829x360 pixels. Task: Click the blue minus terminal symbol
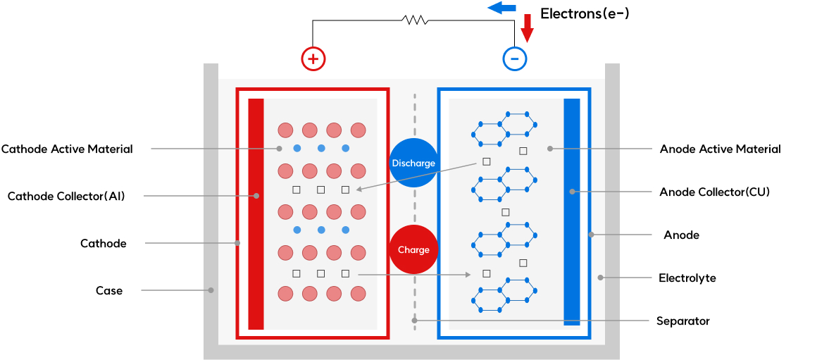point(514,58)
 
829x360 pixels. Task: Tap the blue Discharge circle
point(413,163)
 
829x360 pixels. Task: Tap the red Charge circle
point(413,249)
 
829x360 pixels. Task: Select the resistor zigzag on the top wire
point(415,20)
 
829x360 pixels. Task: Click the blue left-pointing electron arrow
point(502,8)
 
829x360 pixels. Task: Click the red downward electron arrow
point(527,28)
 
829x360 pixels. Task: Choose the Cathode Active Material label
point(67,149)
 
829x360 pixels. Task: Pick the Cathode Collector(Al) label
point(66,196)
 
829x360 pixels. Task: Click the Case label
point(109,290)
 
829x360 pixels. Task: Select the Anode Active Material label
point(720,149)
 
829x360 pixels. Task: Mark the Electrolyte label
point(687,278)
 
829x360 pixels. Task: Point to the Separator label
point(682,321)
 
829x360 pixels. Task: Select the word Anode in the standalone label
point(681,235)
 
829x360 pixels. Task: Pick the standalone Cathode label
point(104,243)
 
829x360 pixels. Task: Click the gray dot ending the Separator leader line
point(415,321)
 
